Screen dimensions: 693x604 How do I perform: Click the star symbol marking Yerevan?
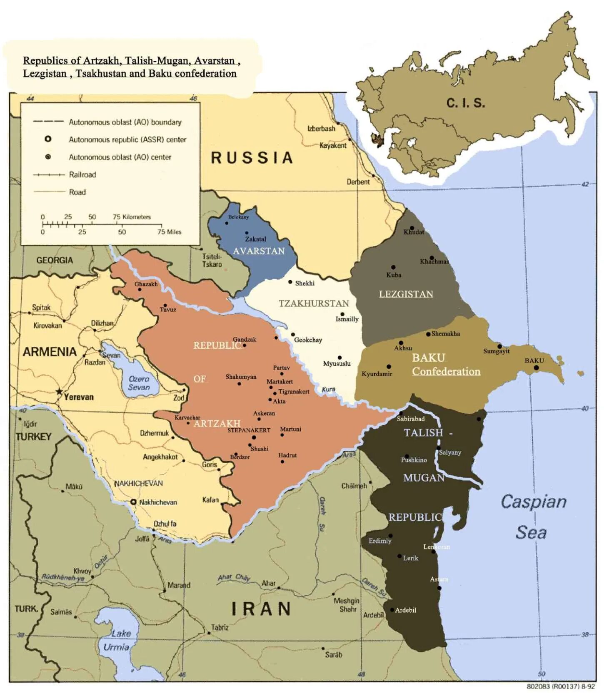(x=60, y=391)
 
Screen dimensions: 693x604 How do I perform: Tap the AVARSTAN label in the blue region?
(x=259, y=251)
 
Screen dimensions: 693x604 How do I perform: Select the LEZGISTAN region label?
(x=406, y=294)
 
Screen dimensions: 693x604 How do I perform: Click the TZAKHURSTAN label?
(x=313, y=303)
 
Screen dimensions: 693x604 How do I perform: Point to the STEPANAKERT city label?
(x=249, y=430)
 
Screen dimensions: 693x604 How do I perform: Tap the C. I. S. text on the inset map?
(x=466, y=103)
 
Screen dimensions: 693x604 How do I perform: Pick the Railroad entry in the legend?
(x=82, y=175)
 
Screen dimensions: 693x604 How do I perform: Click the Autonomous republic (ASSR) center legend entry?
(x=127, y=140)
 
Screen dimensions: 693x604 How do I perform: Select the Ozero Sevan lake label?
(x=139, y=383)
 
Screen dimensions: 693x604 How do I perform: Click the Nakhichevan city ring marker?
(x=133, y=502)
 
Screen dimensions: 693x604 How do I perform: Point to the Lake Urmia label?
(x=118, y=640)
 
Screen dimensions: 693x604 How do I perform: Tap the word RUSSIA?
(x=252, y=158)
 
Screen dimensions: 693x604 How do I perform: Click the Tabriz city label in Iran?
(x=220, y=627)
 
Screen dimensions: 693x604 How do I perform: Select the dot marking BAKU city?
(x=536, y=368)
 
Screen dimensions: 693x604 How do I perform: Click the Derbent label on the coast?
(x=358, y=182)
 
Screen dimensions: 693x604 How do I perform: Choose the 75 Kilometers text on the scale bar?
(x=132, y=217)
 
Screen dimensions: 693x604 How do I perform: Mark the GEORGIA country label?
(x=55, y=260)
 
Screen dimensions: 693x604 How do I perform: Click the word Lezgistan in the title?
(x=45, y=74)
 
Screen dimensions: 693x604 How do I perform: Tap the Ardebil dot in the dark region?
(x=392, y=610)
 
